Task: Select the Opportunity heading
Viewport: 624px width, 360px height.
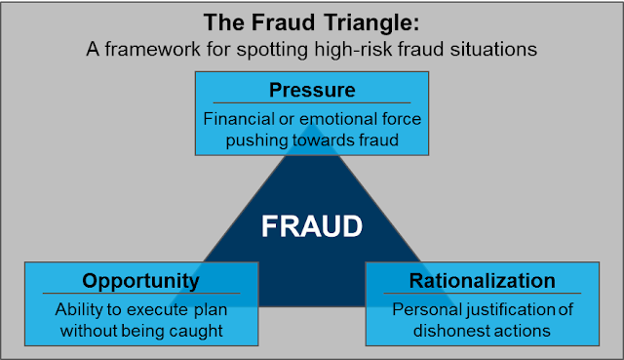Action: coord(141,281)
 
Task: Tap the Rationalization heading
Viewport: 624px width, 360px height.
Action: coord(483,281)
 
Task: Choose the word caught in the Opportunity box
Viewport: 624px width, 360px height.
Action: coord(202,332)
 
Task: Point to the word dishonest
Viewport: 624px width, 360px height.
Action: coord(451,332)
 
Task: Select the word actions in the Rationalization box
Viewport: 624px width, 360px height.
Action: coord(523,332)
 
